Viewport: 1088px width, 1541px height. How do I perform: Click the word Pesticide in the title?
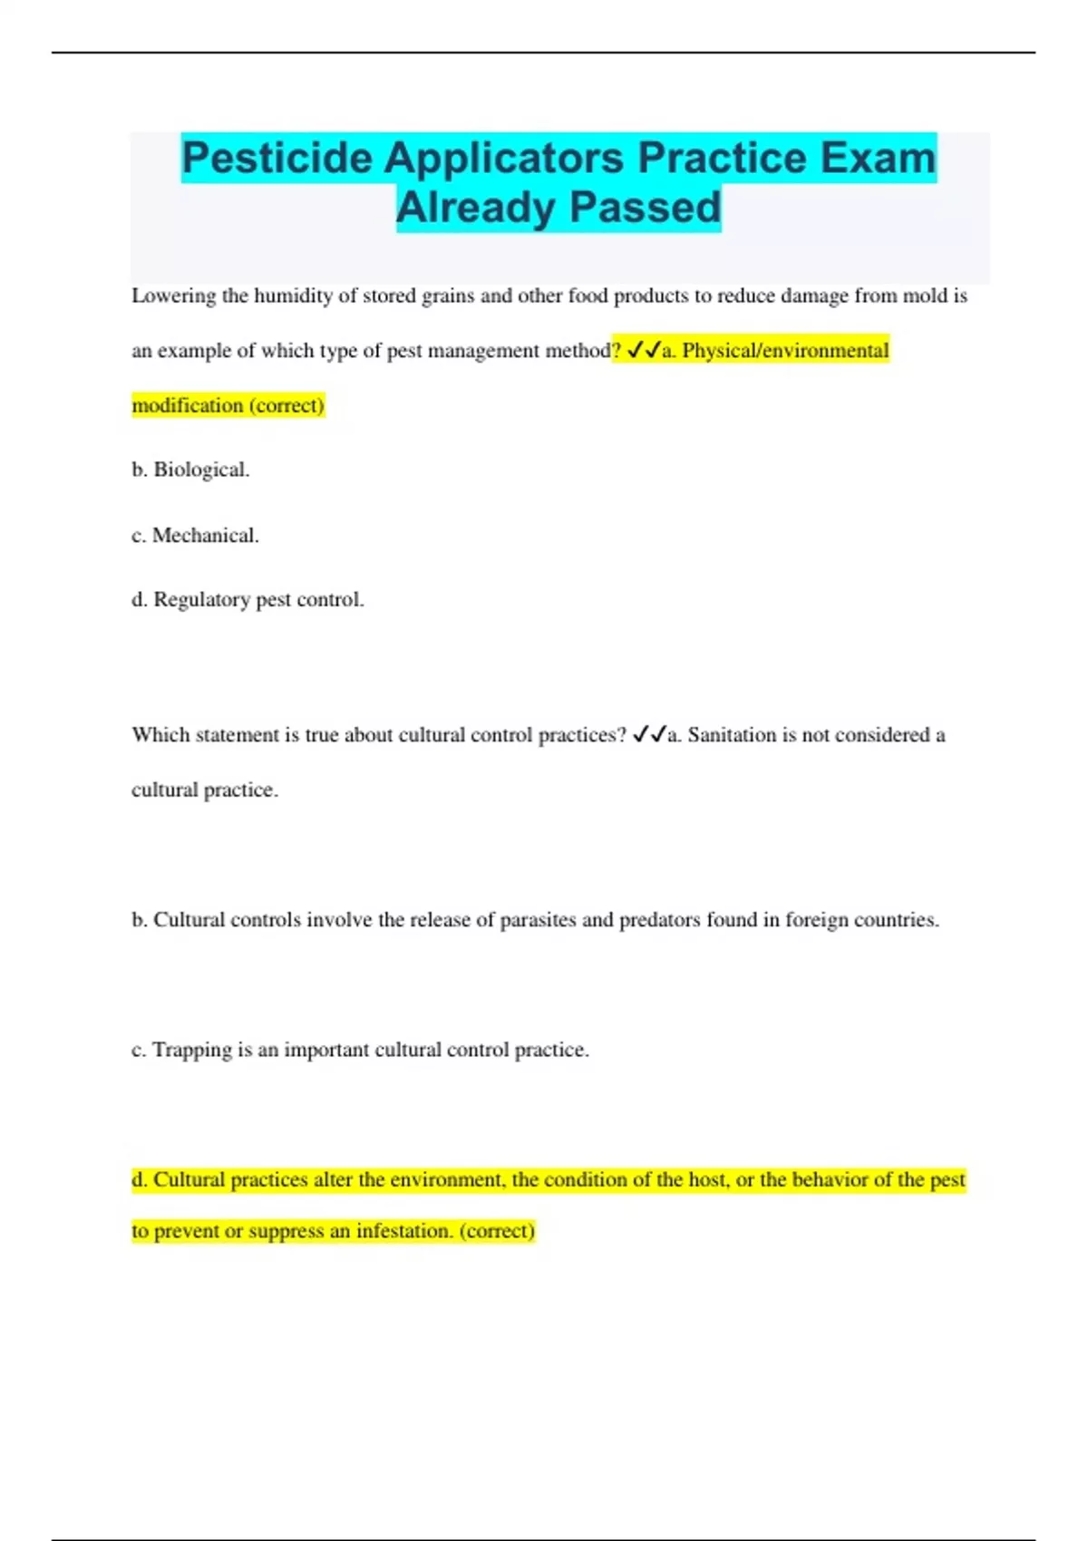[x=277, y=159]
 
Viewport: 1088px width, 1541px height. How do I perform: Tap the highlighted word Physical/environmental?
[x=785, y=351]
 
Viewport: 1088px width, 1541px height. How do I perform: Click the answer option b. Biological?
[x=190, y=470]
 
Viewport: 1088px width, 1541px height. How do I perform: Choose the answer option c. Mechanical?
[x=195, y=536]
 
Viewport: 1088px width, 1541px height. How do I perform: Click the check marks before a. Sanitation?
[x=649, y=735]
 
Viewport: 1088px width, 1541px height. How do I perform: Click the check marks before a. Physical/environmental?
[x=644, y=351]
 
